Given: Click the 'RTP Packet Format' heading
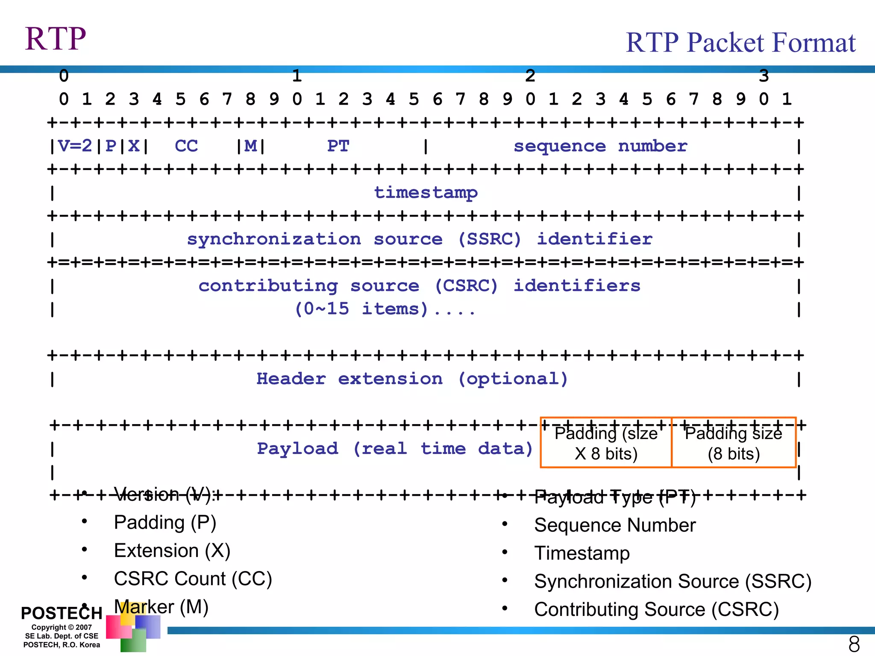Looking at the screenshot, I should tap(740, 43).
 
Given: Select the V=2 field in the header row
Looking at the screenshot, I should tap(75, 146).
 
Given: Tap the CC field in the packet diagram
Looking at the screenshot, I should tap(186, 146).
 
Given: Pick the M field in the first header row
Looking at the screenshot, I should tap(251, 146).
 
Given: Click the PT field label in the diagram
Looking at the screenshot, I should tap(338, 146).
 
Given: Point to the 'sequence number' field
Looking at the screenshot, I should tap(600, 146).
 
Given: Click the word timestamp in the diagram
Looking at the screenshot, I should tap(426, 193).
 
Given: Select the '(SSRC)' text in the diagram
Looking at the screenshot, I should tap(490, 239).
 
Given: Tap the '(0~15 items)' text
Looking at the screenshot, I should tap(361, 309).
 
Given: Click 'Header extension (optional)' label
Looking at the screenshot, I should tap(412, 379).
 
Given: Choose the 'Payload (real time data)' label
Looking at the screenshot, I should tap(395, 448).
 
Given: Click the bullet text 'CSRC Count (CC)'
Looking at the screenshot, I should tap(193, 579).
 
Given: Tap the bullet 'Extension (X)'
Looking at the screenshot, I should tap(172, 551).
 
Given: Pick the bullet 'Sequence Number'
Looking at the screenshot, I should tap(615, 525).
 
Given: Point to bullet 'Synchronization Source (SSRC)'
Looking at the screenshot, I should tap(672, 581).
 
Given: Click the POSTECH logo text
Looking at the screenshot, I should tap(62, 613).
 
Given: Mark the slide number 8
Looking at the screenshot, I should tap(854, 644).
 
